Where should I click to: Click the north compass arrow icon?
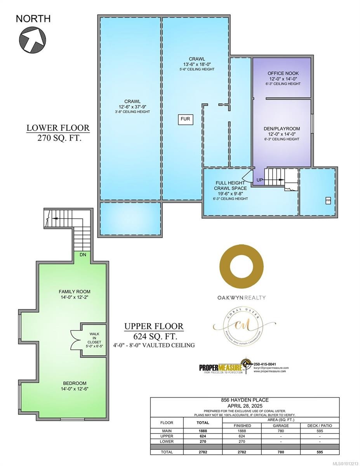pos(32,38)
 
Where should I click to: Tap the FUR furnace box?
pos(185,119)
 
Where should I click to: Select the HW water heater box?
pos(328,200)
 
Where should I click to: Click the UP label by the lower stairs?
pos(260,180)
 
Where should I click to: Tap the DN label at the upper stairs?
pos(83,255)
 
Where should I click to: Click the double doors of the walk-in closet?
pos(74,337)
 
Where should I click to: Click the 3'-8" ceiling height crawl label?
pos(130,112)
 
